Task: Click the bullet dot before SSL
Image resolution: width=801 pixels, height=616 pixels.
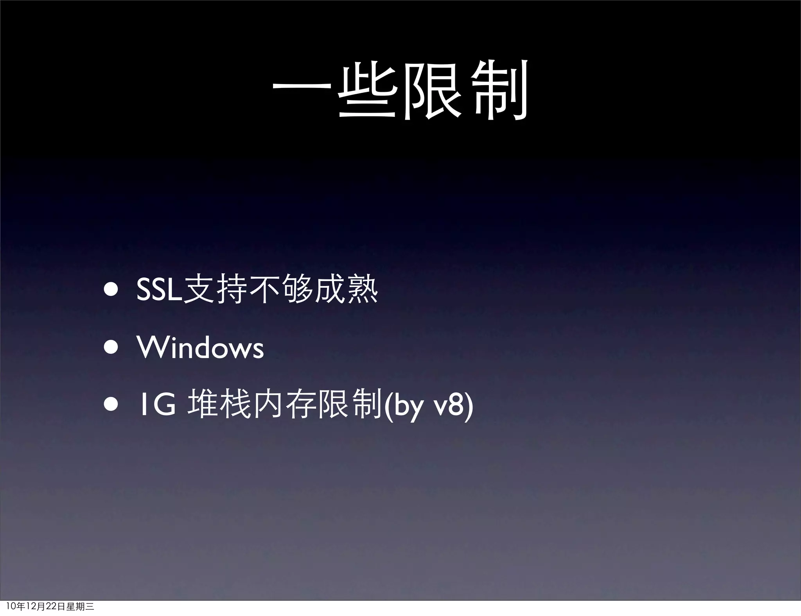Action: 111,291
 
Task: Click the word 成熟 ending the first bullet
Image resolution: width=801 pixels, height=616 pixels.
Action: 346,290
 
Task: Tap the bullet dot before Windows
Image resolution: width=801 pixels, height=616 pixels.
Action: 111,348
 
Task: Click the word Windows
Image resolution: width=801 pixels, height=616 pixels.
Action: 200,347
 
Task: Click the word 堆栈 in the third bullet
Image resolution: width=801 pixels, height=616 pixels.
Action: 219,405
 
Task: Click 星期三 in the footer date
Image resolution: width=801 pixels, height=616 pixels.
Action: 80,607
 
